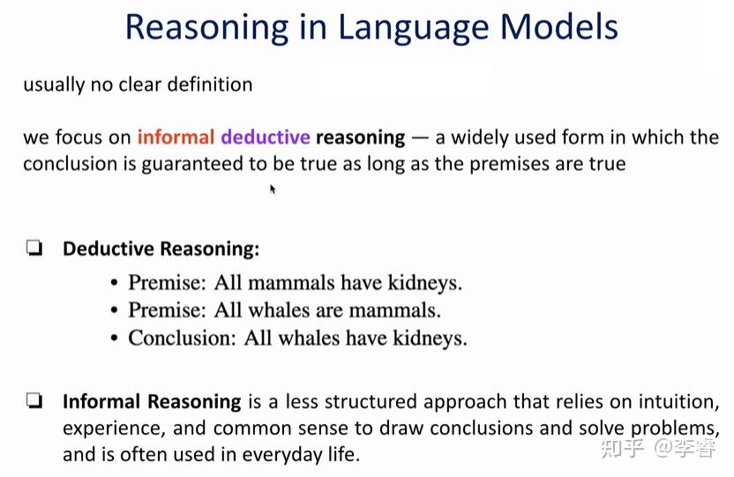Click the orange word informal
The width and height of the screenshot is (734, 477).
(176, 138)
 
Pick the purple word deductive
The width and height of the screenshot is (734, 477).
(266, 138)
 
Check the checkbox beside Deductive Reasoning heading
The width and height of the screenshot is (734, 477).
(34, 250)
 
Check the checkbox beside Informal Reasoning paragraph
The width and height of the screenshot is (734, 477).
(34, 402)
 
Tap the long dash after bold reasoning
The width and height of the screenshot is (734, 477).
(420, 138)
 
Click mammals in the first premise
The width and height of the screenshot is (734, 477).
(292, 283)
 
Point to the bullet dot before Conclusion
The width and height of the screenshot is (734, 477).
(115, 339)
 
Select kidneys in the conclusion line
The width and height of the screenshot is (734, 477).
(429, 338)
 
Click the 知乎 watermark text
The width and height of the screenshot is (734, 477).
(622, 449)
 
